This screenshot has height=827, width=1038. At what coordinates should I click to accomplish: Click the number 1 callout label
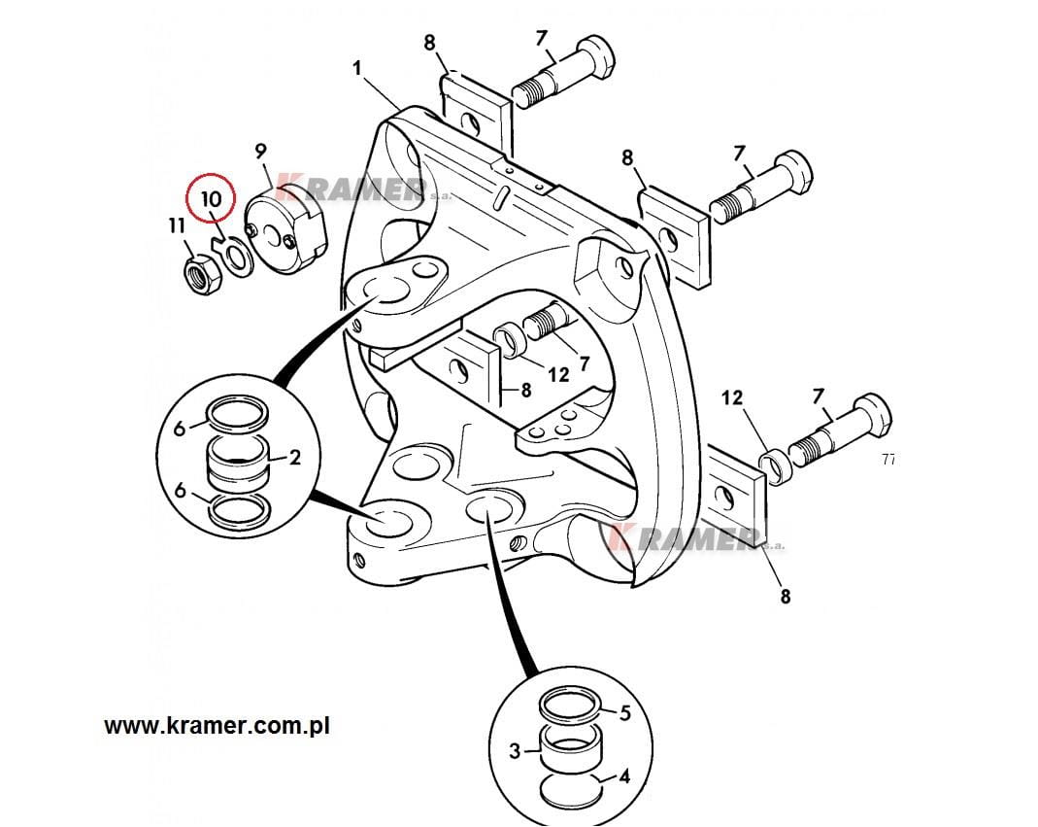(357, 69)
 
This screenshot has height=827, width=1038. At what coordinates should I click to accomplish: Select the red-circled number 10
(211, 199)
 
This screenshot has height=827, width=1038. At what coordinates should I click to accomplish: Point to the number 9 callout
(260, 151)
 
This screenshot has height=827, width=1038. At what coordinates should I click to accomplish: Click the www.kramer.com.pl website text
(217, 725)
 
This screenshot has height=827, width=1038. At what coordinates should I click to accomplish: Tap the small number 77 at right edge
(888, 460)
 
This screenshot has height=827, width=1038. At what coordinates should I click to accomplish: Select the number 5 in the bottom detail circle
(624, 713)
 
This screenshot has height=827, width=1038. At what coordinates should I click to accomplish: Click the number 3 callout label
(517, 749)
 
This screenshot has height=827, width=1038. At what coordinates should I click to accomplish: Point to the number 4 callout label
(624, 776)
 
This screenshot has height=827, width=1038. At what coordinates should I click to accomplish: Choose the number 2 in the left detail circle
(294, 457)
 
